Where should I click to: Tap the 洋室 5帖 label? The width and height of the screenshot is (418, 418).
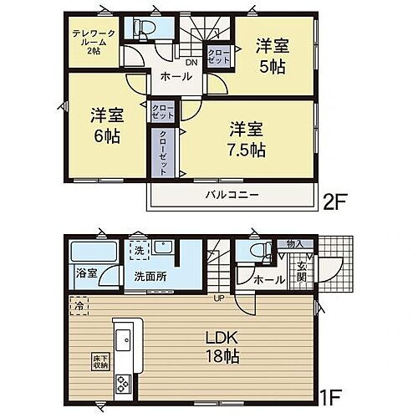coord(272,56)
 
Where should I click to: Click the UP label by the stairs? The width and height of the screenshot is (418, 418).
coord(220,298)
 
